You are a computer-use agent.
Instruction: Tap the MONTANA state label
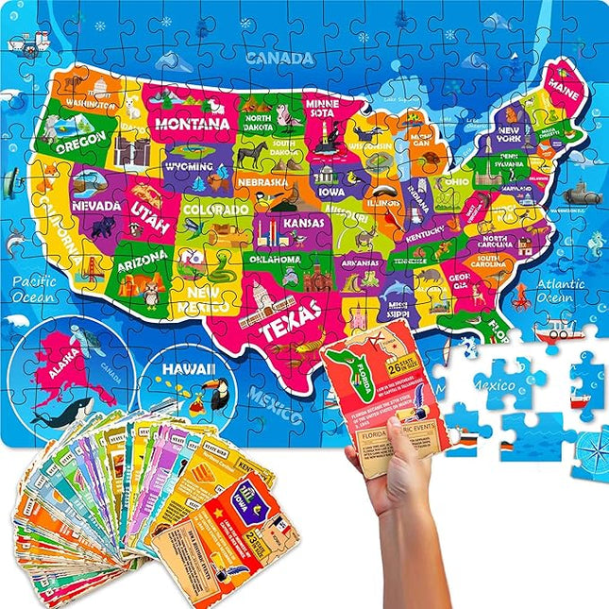pyautogui.click(x=193, y=124)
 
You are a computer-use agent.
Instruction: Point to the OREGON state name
pyautogui.click(x=80, y=146)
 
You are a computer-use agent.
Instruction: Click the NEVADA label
pyautogui.click(x=96, y=205)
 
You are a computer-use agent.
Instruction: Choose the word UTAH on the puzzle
pyautogui.click(x=151, y=218)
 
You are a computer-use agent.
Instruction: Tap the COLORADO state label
pyautogui.click(x=216, y=208)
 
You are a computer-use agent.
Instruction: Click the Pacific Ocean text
pyautogui.click(x=35, y=289)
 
